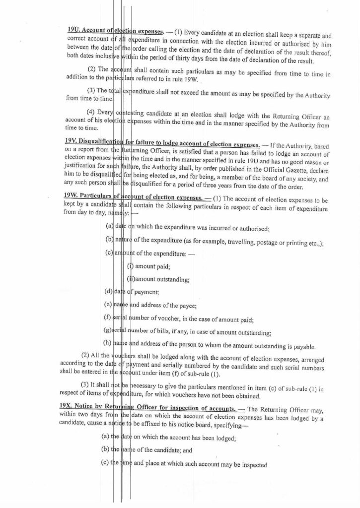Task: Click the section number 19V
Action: [72, 140]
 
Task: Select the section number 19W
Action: [73, 196]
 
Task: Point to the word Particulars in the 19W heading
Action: [100, 196]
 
